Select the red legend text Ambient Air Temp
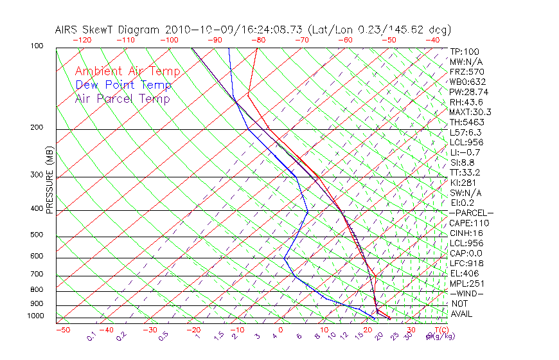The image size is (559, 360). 127,71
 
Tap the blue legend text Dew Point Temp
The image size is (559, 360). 123,85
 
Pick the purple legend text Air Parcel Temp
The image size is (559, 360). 122,98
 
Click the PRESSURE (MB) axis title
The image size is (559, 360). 49,181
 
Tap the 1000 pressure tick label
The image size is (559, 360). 36,316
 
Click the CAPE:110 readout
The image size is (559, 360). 469,223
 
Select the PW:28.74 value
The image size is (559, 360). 469,92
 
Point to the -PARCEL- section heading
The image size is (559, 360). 471,213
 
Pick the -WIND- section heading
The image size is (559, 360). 467,293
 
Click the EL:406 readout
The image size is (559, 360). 465,273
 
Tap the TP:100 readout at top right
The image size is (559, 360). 465,51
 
